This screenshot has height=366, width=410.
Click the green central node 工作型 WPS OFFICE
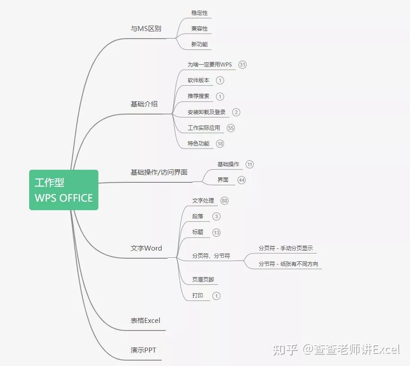(x=64, y=190)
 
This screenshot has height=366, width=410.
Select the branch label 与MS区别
(x=146, y=29)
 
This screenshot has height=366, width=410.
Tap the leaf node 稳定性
(x=199, y=13)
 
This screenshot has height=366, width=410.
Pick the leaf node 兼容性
(x=199, y=29)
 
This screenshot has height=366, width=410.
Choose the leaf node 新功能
(x=199, y=44)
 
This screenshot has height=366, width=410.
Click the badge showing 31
(x=242, y=65)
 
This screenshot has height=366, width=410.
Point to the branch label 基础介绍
(x=144, y=104)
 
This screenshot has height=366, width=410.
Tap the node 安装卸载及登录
(x=207, y=112)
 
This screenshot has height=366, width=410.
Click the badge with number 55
(x=231, y=128)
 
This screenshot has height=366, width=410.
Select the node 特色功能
(x=198, y=144)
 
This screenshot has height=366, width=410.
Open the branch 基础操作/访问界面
(x=159, y=172)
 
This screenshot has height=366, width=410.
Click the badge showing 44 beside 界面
(x=242, y=180)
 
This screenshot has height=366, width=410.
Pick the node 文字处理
(x=203, y=201)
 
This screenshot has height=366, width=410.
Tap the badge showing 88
(x=225, y=201)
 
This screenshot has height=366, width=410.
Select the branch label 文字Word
(x=146, y=248)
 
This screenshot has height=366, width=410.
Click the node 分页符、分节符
(x=211, y=256)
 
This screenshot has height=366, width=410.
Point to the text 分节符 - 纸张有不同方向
(x=288, y=264)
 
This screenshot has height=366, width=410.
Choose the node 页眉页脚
(x=203, y=280)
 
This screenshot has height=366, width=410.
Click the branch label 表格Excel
(x=145, y=321)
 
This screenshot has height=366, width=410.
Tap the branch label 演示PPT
(x=144, y=350)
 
